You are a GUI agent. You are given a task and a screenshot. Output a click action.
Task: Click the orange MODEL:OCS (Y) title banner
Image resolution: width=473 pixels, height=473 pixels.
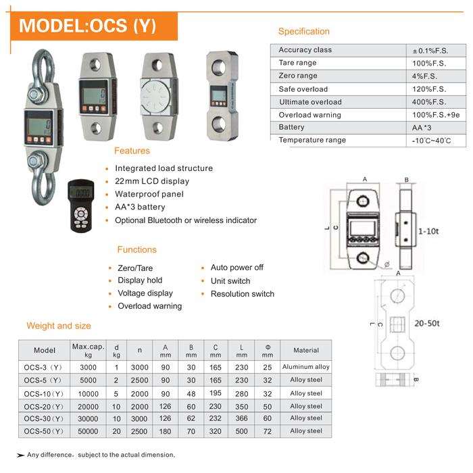[94, 26]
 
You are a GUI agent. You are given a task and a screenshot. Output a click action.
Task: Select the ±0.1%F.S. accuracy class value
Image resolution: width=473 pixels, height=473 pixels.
[430, 51]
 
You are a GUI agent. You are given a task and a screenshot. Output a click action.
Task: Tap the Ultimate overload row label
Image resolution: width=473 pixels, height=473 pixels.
[310, 102]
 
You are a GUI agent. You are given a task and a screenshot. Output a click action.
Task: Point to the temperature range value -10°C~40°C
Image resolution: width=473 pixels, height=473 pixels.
[431, 141]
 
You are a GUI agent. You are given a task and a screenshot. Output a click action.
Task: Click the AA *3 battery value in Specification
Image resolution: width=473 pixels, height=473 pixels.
[422, 128]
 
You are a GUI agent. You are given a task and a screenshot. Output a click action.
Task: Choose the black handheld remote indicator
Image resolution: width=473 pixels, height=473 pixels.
[81, 205]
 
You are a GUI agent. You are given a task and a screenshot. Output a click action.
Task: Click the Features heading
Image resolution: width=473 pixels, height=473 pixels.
[132, 151]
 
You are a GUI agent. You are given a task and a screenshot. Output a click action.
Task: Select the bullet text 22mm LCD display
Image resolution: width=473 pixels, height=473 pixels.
[152, 181]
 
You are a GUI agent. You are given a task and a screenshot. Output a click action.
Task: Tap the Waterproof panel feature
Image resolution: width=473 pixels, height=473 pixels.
[149, 194]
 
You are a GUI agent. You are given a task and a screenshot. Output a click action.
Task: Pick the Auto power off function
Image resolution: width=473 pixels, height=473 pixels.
[236, 268]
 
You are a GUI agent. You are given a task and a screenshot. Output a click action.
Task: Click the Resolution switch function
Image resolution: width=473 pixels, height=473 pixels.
[242, 294]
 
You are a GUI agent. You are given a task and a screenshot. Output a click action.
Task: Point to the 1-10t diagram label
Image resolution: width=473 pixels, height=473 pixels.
[428, 231]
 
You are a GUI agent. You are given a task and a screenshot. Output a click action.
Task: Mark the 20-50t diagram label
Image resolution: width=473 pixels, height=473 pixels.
[427, 324]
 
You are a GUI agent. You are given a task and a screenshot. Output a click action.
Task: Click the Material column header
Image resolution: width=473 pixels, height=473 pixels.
[306, 350]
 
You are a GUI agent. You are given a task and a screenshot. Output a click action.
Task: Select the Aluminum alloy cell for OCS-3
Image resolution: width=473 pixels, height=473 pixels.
[306, 367]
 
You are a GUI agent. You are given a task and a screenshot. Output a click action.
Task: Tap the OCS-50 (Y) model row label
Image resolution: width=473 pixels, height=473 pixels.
[44, 431]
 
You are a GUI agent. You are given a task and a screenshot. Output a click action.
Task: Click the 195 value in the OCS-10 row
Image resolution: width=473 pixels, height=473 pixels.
[216, 393]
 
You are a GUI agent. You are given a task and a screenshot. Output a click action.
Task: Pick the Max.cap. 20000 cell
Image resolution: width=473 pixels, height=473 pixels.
[88, 407]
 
